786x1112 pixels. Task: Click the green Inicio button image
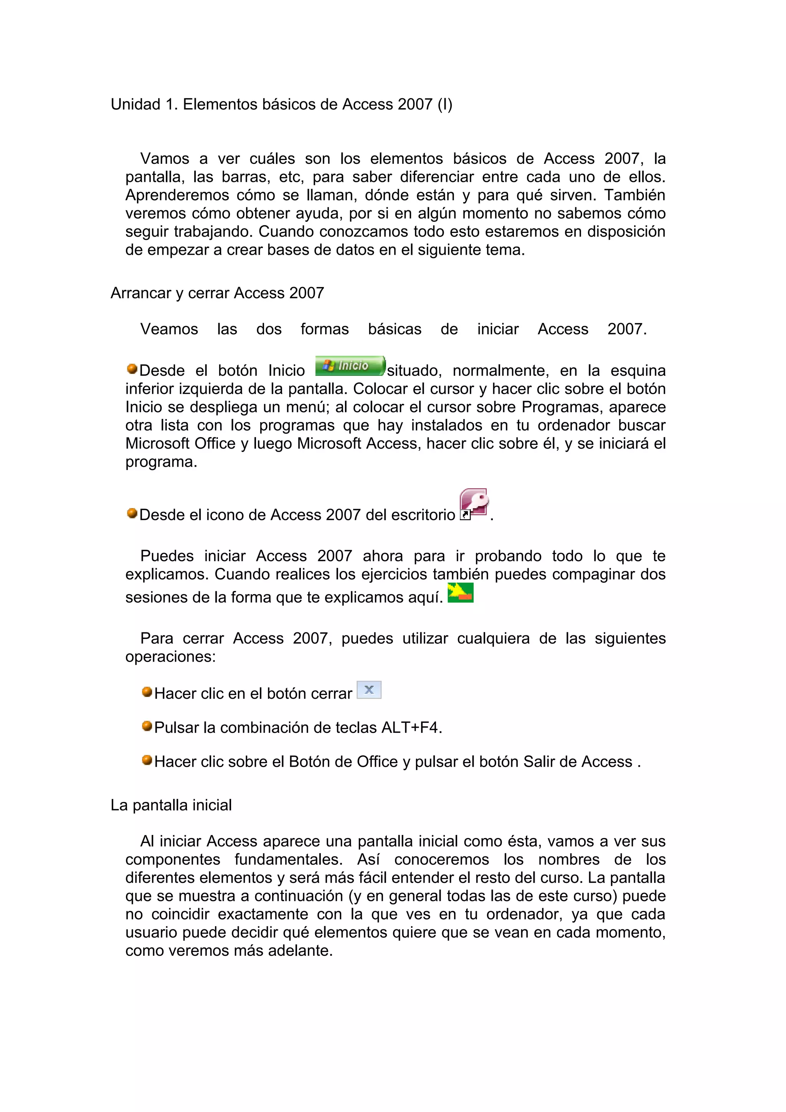350,366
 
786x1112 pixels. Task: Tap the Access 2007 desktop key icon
473,504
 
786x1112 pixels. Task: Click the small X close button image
369,690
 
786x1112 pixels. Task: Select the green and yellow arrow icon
460,592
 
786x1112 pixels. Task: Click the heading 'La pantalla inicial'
171,805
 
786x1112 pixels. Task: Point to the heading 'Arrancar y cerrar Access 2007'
217,293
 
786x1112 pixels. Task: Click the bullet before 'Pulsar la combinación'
147,726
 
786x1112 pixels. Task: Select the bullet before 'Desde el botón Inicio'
132,369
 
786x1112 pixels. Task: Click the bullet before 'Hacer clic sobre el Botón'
147,760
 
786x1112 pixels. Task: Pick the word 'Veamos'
169,329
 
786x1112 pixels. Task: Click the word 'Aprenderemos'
177,195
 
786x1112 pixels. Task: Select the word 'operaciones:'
170,657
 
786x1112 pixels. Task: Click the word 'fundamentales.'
289,860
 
